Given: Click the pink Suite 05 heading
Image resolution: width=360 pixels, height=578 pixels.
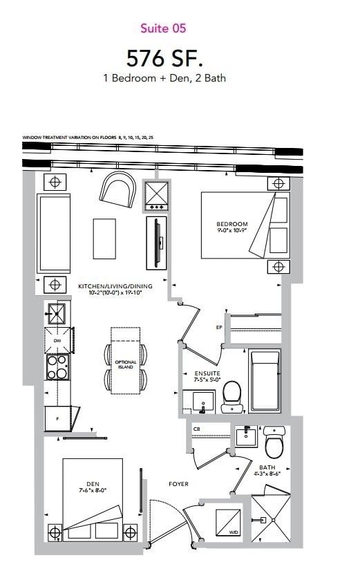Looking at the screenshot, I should (163, 28).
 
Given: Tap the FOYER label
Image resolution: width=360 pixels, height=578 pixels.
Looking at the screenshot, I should (178, 484).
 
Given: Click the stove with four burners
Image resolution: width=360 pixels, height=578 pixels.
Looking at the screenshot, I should (57, 366).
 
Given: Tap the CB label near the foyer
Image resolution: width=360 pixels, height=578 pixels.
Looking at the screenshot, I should (197, 429).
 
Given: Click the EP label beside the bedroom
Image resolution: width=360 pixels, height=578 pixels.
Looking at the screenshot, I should (219, 327).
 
